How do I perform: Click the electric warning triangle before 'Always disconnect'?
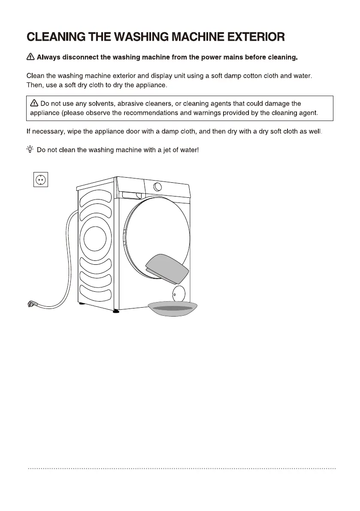(30, 57)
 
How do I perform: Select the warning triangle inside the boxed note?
(34, 103)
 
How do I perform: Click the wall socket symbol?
(40, 179)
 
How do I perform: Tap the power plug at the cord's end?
(31, 304)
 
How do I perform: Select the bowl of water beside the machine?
(172, 308)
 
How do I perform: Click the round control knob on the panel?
(157, 187)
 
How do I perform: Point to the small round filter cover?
(178, 294)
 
